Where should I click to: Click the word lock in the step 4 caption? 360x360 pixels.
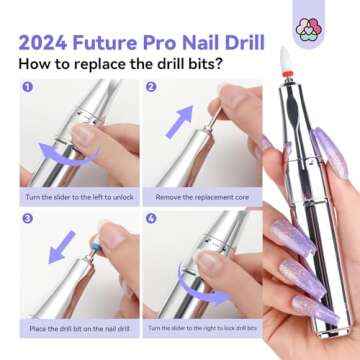pyautogui.click(x=230, y=327)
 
